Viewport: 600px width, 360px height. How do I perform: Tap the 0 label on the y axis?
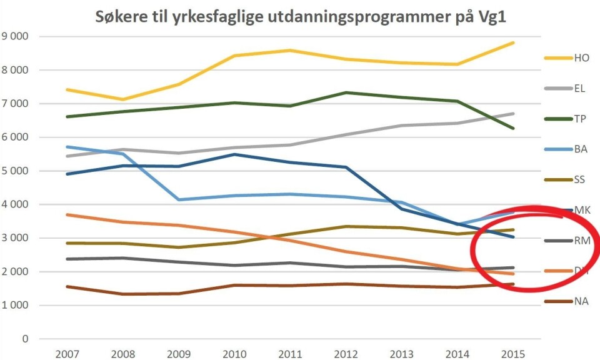(25, 339)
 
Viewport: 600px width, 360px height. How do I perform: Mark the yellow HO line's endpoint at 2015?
(513, 42)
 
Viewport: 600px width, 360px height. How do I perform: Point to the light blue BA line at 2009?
(178, 199)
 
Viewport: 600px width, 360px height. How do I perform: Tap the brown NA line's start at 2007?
(66, 287)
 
